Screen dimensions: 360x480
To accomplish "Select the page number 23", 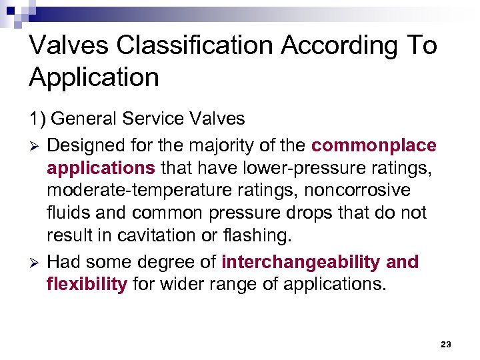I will tap(446, 344).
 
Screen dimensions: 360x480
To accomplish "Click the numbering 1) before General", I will tap(37, 119).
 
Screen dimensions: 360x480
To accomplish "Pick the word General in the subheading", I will tap(85, 119).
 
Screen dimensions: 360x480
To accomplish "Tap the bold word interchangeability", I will tap(301, 262).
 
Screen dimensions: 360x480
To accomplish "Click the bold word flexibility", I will tap(87, 285).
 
